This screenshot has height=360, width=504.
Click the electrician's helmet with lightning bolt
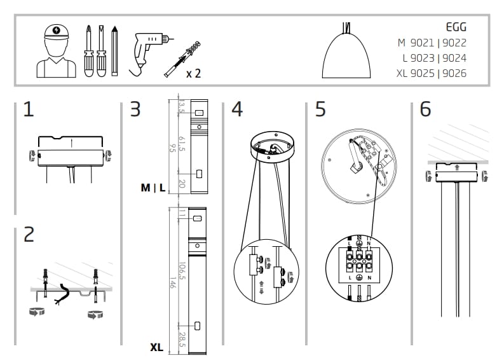point(56,32)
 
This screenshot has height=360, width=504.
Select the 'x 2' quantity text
point(193,73)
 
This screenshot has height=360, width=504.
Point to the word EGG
point(456,27)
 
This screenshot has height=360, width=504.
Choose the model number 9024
point(454,58)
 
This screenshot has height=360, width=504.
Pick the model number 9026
point(454,73)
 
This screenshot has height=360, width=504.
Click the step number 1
point(29,109)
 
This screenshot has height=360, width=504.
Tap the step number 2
point(29,235)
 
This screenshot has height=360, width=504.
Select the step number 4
point(236,109)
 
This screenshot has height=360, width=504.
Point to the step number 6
point(425,109)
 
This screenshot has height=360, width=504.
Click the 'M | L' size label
point(153,188)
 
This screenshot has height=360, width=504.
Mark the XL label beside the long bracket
point(156,348)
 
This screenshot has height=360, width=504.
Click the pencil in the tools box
point(114,50)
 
